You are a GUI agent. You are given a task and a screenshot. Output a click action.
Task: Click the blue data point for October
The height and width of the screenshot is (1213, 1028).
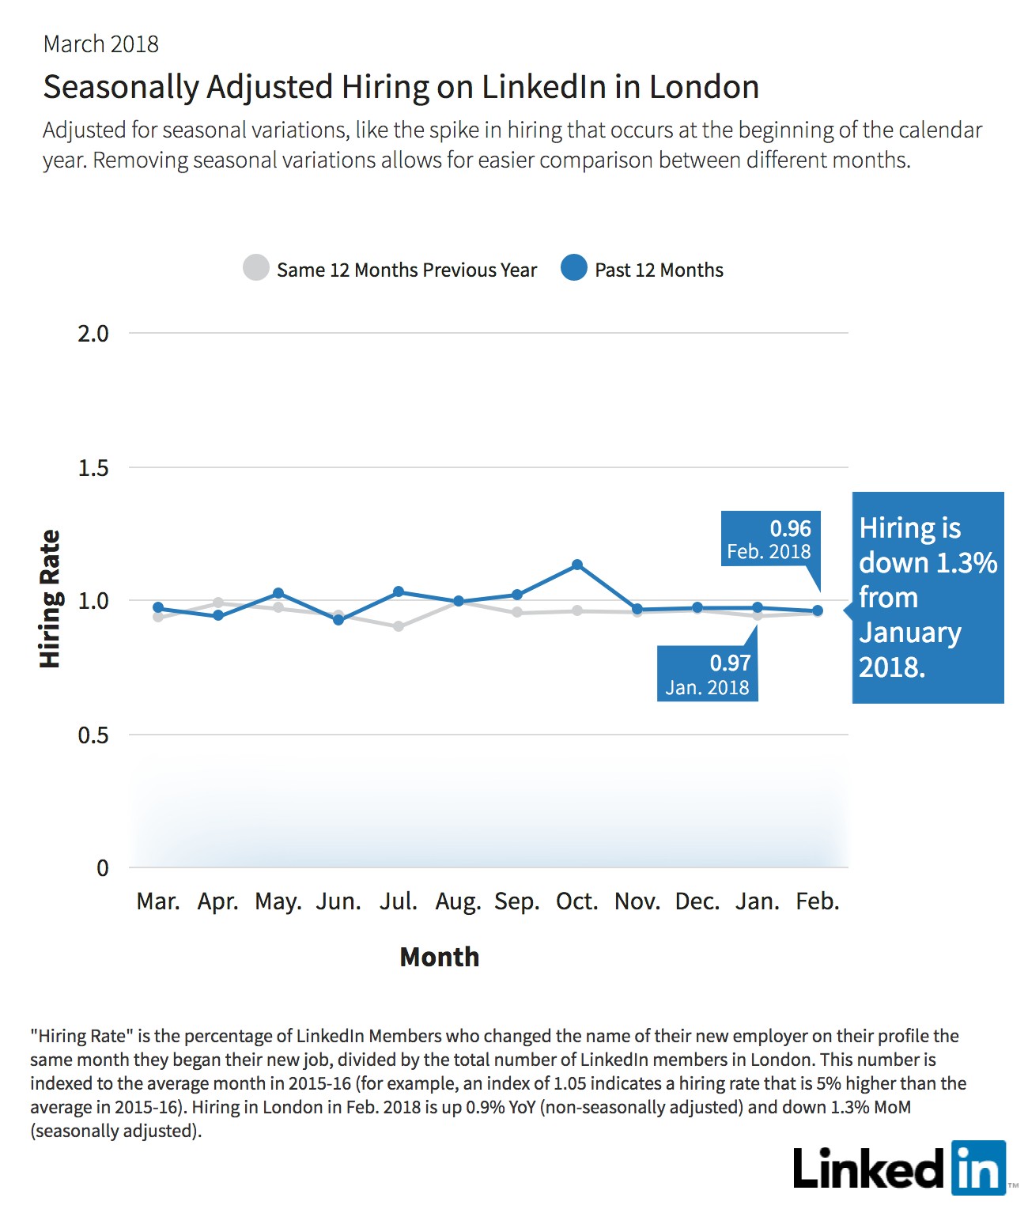click(x=576, y=565)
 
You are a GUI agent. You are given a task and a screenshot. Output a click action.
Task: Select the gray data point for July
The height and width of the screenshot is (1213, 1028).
click(x=399, y=626)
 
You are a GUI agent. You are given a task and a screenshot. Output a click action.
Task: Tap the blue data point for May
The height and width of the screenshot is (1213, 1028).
click(x=278, y=593)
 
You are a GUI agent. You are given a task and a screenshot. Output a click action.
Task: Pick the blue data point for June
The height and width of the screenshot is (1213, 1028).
click(x=338, y=620)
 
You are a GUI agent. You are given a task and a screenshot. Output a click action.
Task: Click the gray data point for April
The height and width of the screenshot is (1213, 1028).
click(x=218, y=603)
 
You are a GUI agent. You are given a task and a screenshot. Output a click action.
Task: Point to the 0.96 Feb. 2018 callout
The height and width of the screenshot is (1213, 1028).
click(x=770, y=538)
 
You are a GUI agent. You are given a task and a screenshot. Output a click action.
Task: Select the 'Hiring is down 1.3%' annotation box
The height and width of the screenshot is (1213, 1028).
click(x=927, y=597)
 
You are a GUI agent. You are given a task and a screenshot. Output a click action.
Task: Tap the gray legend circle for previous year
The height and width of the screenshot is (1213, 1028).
click(x=256, y=267)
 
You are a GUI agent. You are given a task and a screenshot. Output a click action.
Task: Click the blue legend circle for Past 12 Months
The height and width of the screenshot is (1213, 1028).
click(x=574, y=267)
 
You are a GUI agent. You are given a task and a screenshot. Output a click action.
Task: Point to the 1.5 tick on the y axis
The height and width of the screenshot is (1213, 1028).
click(x=93, y=468)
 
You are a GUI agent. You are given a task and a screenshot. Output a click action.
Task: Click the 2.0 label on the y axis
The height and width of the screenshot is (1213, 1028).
click(x=93, y=334)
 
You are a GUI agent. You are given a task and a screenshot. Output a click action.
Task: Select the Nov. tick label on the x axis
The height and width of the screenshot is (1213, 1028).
click(x=637, y=901)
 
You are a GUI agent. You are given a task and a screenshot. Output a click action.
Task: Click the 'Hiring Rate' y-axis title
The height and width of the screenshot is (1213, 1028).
click(x=50, y=599)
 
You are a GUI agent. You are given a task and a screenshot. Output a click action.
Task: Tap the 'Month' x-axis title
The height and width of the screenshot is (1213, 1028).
click(x=440, y=957)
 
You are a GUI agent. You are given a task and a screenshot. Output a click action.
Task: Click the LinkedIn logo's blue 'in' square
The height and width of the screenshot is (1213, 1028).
click(x=979, y=1168)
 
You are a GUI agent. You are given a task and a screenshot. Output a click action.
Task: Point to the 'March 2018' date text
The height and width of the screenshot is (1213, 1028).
click(x=101, y=44)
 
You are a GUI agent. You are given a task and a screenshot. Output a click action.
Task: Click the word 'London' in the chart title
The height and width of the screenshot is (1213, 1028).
click(x=704, y=87)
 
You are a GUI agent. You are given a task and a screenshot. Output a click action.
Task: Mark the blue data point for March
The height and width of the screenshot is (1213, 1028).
click(x=158, y=607)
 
